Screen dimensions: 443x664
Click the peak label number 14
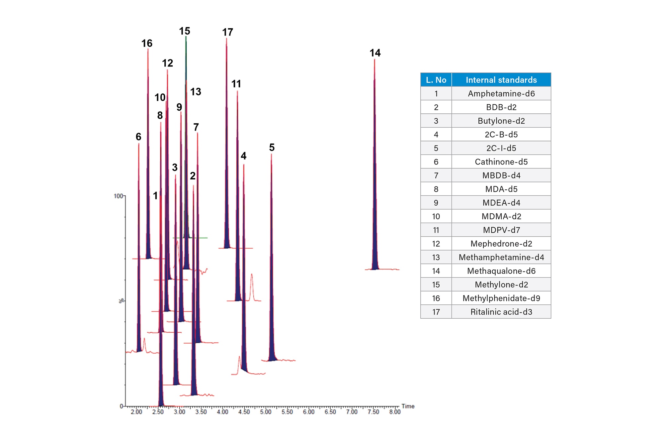point(375,53)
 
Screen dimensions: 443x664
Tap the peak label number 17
point(228,32)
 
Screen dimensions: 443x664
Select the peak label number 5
point(272,148)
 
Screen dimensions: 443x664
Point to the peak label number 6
point(138,137)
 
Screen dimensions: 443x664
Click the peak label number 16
point(147,43)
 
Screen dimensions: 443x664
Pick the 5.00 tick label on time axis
point(266,412)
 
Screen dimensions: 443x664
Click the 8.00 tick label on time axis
point(395,412)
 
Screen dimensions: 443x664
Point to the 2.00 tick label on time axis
point(136,412)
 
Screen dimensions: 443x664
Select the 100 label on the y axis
point(118,196)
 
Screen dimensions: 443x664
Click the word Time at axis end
point(408,406)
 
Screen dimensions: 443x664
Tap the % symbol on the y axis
point(122,301)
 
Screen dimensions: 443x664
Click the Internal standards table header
point(501,80)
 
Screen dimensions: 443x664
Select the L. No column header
point(436,80)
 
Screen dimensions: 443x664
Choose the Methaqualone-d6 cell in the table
point(501,271)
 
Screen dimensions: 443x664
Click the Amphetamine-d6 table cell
point(501,94)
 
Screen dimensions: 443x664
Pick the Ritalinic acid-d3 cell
point(501,312)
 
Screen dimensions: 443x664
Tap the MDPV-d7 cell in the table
point(501,230)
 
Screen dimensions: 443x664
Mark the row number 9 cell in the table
point(436,203)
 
